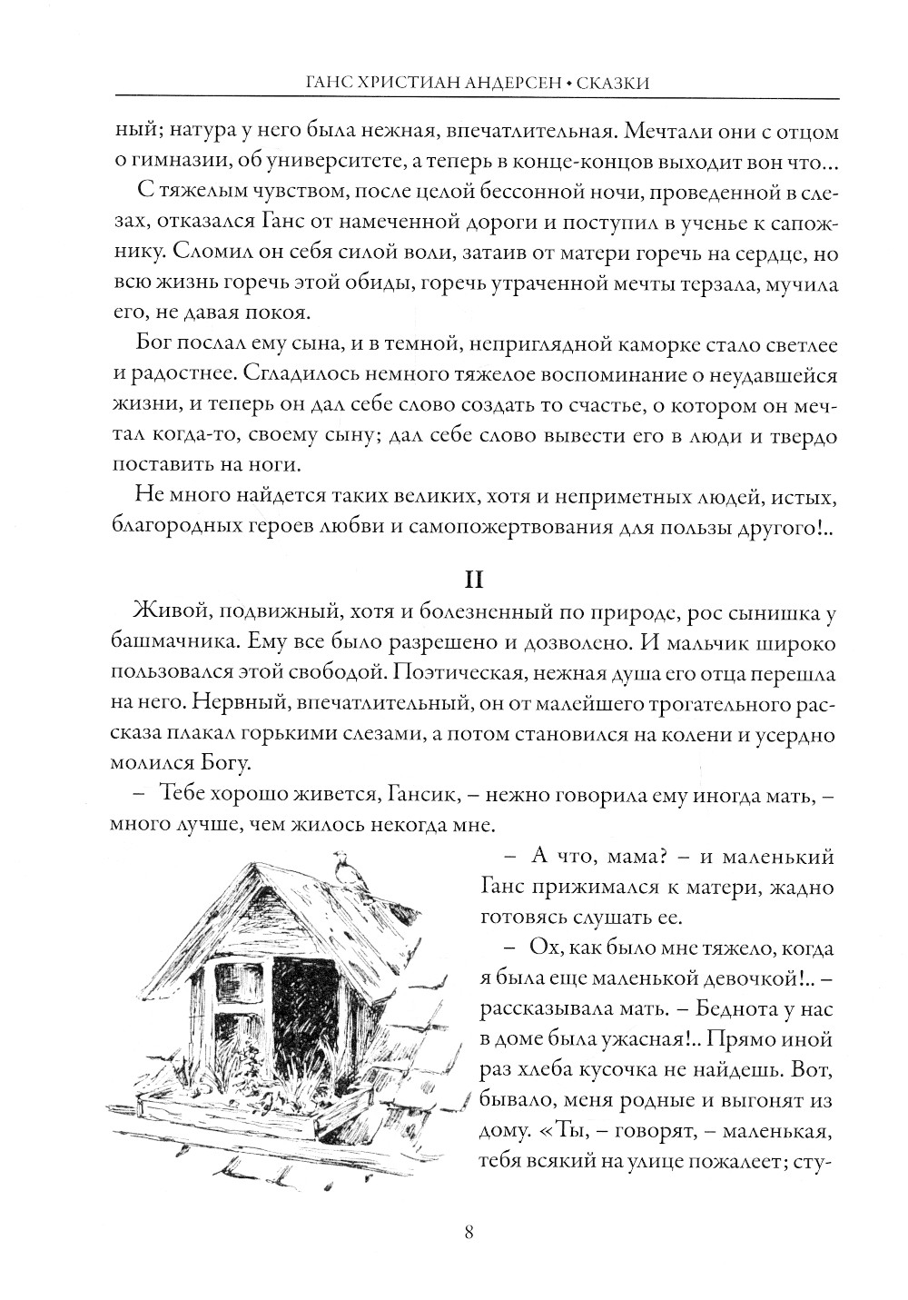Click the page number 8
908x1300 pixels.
click(x=468, y=1233)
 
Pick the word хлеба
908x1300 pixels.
click(x=541, y=1069)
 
